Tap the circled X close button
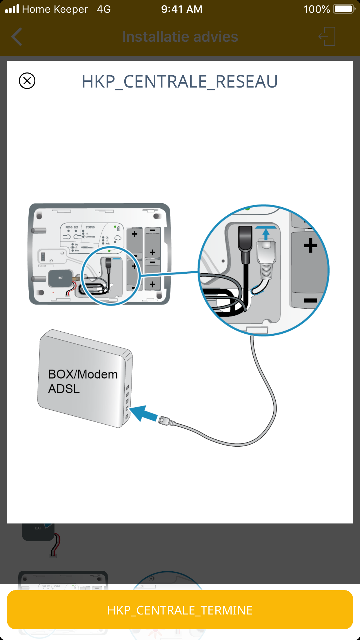tap(27, 81)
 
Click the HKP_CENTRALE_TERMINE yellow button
tap(180, 610)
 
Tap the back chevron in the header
tap(17, 37)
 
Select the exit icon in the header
tap(327, 36)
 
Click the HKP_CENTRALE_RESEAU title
tap(180, 81)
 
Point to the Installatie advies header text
tap(180, 37)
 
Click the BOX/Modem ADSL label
tap(83, 381)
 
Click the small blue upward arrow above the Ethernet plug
tap(266, 233)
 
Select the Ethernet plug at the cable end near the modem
tap(167, 421)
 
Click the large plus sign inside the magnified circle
tap(310, 245)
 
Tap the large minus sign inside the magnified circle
tap(310, 300)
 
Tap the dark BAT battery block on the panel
tap(60, 278)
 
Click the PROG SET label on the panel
tap(72, 227)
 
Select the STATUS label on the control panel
tap(90, 227)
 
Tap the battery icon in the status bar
tap(344, 9)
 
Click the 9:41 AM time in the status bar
tap(182, 9)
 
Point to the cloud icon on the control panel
tap(117, 238)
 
